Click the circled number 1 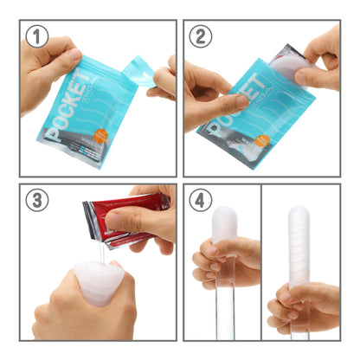pyautogui.click(x=35, y=36)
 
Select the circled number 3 pyautogui.click(x=35, y=201)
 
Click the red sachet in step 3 pyautogui.click(x=130, y=215)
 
